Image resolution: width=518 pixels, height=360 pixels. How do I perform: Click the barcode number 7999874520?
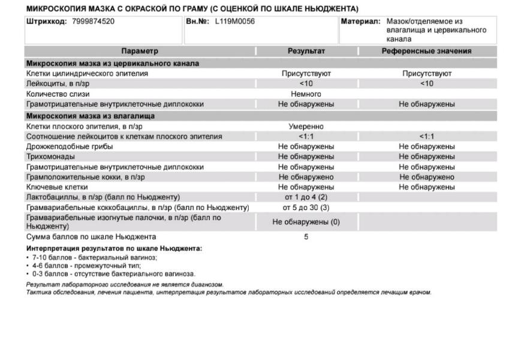[92, 22]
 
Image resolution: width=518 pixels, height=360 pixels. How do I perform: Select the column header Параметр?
[140, 52]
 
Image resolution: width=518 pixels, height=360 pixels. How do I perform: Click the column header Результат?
[306, 52]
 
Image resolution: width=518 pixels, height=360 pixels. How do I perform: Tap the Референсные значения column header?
[426, 52]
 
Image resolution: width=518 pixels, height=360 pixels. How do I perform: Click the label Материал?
[361, 22]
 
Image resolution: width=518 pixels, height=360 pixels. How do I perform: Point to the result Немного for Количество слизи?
[306, 94]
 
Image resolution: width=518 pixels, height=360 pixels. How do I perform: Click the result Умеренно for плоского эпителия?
[306, 126]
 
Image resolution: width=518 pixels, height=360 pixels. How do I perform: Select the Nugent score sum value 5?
[306, 237]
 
